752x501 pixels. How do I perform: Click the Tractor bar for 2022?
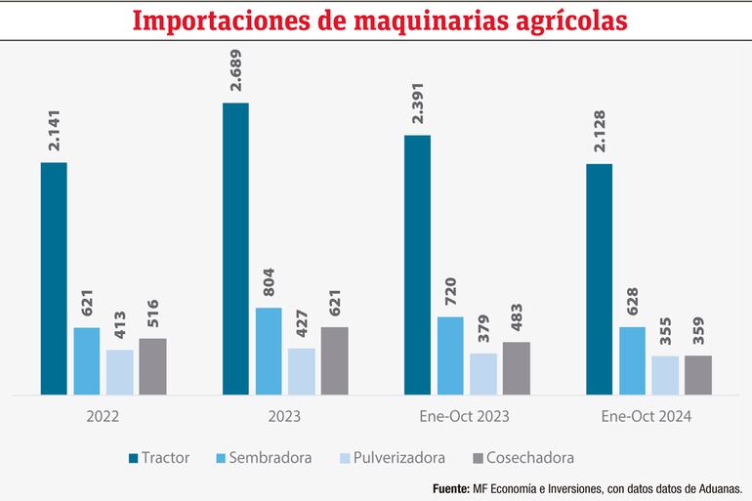[54, 278]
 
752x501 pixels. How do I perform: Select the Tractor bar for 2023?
[235, 249]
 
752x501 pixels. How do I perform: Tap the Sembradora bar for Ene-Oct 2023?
[450, 355]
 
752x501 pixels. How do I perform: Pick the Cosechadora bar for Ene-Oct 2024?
[698, 375]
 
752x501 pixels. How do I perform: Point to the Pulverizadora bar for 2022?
[119, 372]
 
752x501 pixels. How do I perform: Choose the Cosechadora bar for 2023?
[334, 360]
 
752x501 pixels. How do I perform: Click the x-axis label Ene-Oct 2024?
[647, 416]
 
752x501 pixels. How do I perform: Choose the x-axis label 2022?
[103, 416]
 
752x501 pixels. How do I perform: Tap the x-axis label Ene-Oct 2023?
[464, 416]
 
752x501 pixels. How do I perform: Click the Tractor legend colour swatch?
[133, 457]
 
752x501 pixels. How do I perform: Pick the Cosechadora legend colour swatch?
[478, 457]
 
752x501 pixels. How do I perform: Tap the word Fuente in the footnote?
[450, 487]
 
